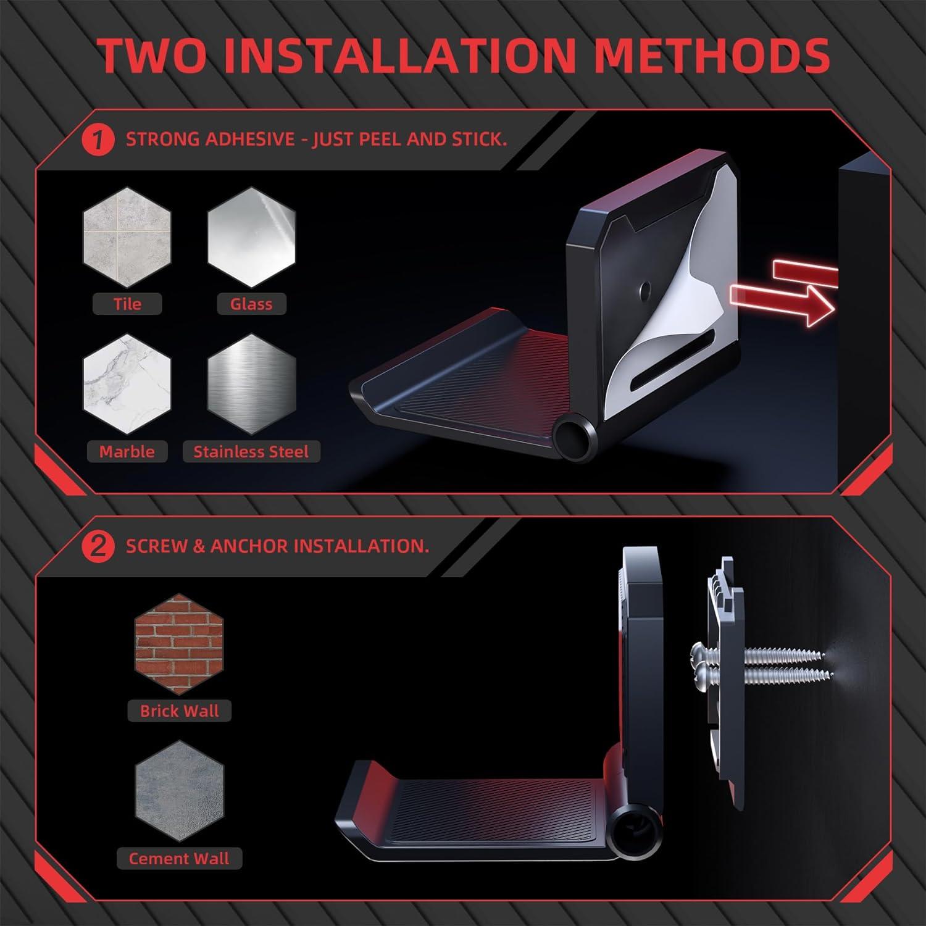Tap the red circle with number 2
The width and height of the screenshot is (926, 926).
pyautogui.click(x=98, y=547)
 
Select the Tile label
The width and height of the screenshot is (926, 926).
pyautogui.click(x=127, y=304)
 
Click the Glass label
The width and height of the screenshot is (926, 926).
pyautogui.click(x=251, y=304)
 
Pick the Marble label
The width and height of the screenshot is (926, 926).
pyautogui.click(x=127, y=451)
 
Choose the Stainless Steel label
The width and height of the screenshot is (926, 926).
pyautogui.click(x=251, y=451)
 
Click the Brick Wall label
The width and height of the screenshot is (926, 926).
pyautogui.click(x=179, y=711)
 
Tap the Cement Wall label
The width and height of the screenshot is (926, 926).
pyautogui.click(x=179, y=858)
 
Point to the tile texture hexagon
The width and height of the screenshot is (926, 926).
pyautogui.click(x=127, y=237)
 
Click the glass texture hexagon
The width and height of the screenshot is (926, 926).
pyautogui.click(x=251, y=237)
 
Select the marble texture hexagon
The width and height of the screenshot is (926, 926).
pyautogui.click(x=127, y=385)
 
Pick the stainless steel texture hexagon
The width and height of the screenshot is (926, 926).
pyautogui.click(x=251, y=385)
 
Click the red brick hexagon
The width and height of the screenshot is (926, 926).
pyautogui.click(x=179, y=644)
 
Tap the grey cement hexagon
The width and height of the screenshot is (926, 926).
pyautogui.click(x=179, y=791)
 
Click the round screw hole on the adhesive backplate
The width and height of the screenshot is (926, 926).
pyautogui.click(x=646, y=288)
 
